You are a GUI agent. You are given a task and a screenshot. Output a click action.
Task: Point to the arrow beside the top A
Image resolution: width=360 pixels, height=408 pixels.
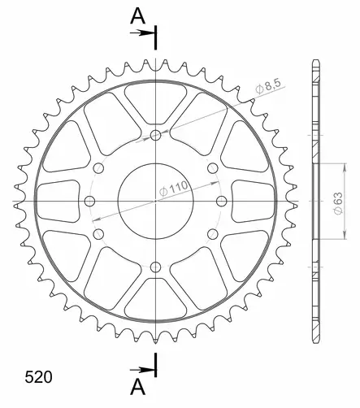click(142, 33)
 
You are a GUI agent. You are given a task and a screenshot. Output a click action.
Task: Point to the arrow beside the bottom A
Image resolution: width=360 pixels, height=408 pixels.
click(142, 369)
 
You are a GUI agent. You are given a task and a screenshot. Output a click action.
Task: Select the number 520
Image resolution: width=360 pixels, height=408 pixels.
click(38, 378)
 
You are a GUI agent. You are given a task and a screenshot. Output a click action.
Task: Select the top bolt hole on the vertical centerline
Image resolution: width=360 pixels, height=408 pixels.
click(155, 136)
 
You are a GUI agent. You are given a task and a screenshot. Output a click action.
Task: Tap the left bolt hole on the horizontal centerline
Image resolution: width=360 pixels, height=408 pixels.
click(90, 201)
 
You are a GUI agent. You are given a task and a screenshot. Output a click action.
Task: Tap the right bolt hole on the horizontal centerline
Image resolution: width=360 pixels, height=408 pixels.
click(220, 201)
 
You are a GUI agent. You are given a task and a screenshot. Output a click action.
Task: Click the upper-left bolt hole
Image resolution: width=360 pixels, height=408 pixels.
click(99, 168)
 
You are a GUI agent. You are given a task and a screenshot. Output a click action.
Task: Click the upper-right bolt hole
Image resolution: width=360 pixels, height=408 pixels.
click(211, 168)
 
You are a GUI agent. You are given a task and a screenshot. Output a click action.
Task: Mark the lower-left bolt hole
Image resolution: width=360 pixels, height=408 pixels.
click(99, 234)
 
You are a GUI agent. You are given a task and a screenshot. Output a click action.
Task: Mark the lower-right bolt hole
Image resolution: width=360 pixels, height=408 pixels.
click(211, 234)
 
